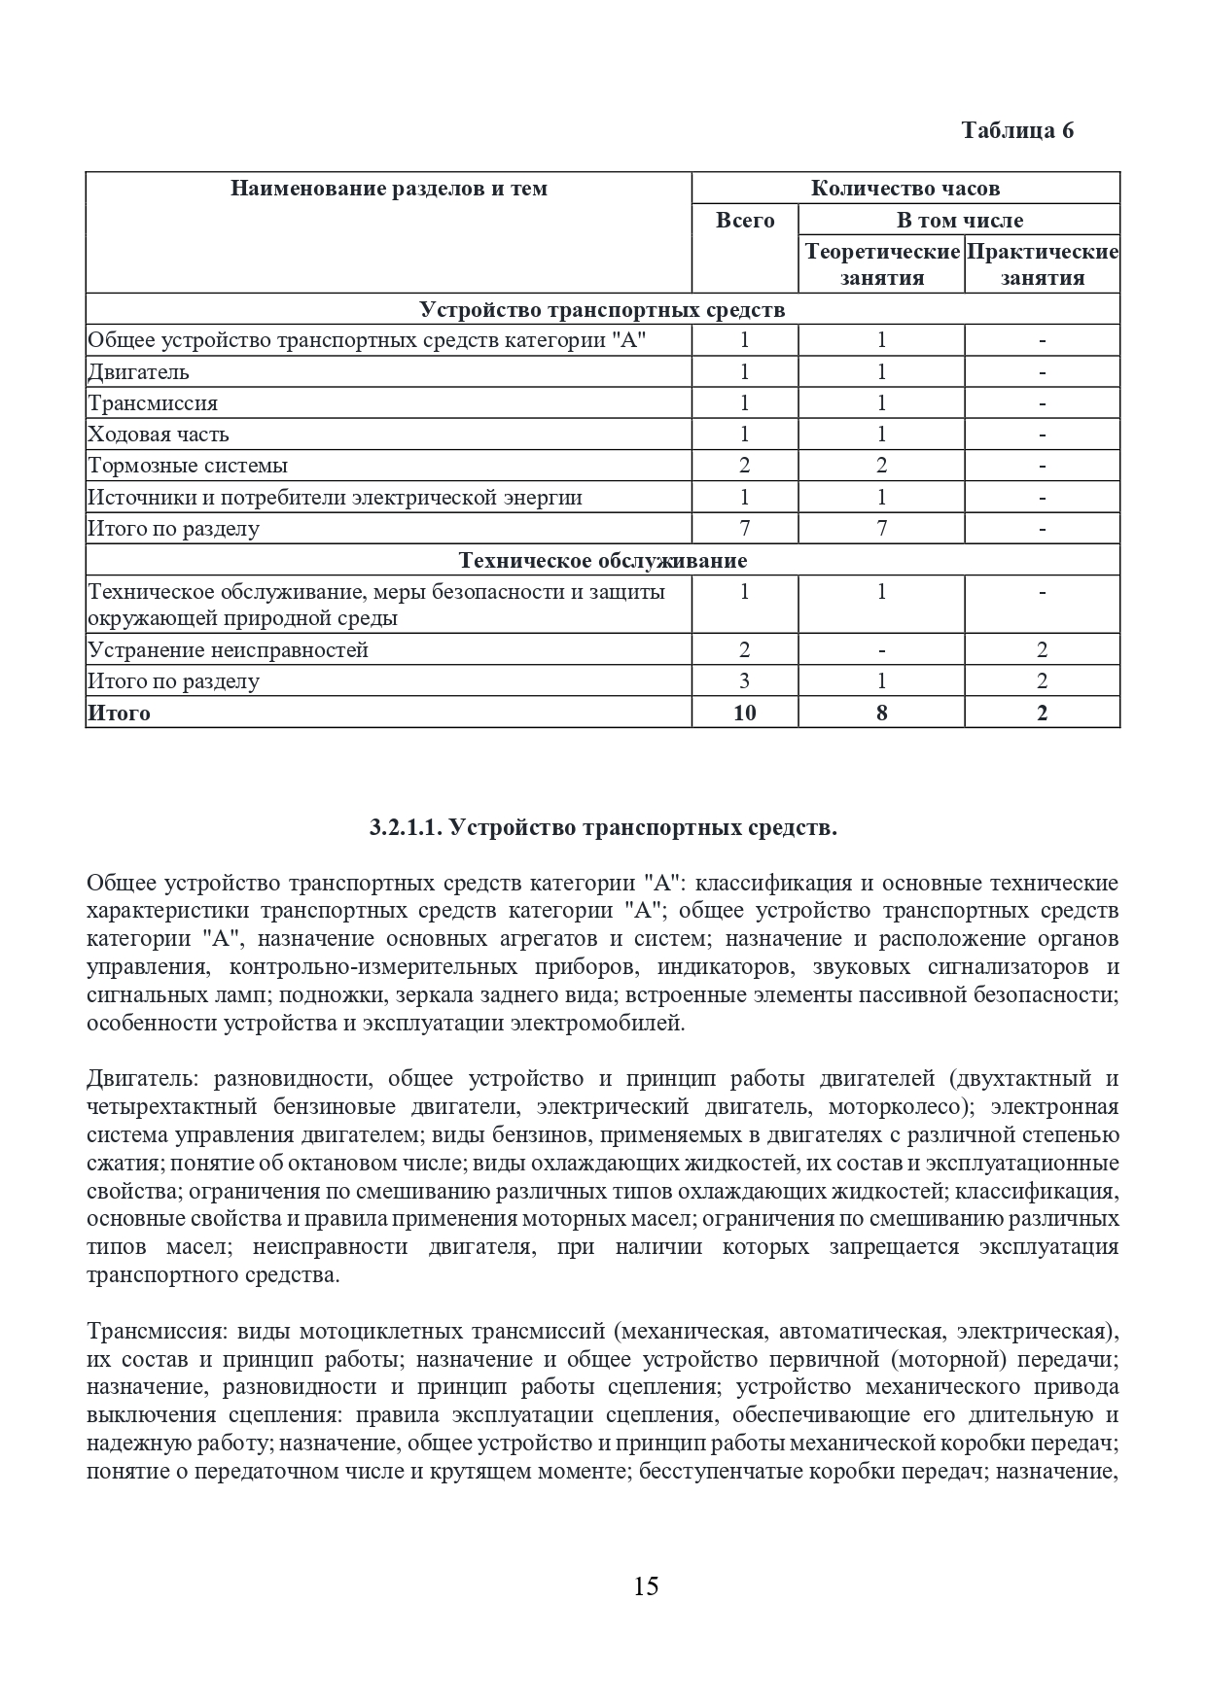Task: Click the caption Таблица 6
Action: tap(1017, 130)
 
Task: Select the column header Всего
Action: tap(745, 221)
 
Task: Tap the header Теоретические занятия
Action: tap(881, 264)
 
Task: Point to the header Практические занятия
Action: tap(1043, 264)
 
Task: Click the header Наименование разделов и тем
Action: tap(389, 189)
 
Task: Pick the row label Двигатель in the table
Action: tap(138, 372)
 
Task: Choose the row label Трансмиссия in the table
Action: tap(153, 403)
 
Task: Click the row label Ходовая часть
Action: tap(159, 435)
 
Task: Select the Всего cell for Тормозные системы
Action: tap(745, 466)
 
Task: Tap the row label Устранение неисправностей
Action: tap(229, 650)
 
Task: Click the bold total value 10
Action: tap(745, 713)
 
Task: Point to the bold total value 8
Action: tap(881, 713)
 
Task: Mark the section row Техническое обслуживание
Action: tap(603, 561)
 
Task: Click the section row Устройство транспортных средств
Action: tap(603, 310)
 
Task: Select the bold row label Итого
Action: tap(119, 713)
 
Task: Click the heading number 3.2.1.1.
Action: tap(408, 828)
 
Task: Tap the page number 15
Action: tap(646, 1586)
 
